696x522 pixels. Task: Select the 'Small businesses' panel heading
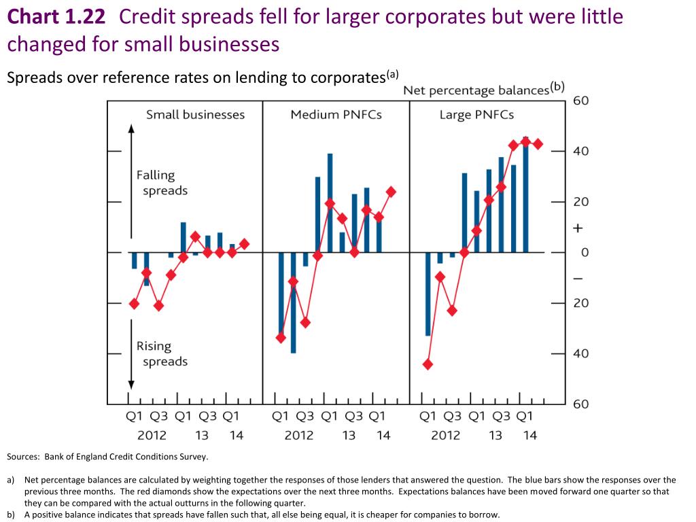click(x=195, y=115)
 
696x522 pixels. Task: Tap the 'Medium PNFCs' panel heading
click(x=336, y=115)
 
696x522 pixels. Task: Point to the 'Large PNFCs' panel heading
click(x=476, y=115)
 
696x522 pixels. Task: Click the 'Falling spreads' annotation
click(x=161, y=183)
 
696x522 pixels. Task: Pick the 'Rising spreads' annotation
click(x=161, y=353)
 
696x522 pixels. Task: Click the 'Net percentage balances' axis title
click(x=476, y=90)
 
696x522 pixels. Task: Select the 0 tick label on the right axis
click(x=577, y=253)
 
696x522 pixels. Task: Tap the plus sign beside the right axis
click(x=577, y=228)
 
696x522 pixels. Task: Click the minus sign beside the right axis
click(x=577, y=279)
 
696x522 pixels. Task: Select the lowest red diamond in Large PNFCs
click(x=428, y=364)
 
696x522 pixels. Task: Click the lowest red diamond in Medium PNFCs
click(x=281, y=338)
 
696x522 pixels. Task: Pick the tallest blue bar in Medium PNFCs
click(x=330, y=203)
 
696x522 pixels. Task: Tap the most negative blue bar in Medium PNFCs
click(x=293, y=302)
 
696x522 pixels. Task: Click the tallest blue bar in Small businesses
click(x=183, y=237)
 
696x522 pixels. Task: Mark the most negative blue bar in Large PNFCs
click(x=428, y=294)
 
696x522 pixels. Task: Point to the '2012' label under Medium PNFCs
click(x=299, y=435)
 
